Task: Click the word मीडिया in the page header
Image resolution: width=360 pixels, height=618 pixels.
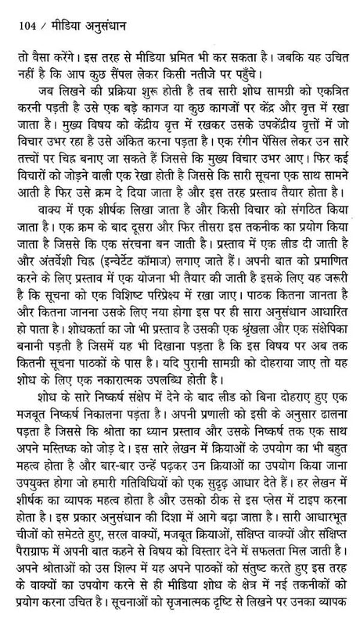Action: [62, 10]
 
